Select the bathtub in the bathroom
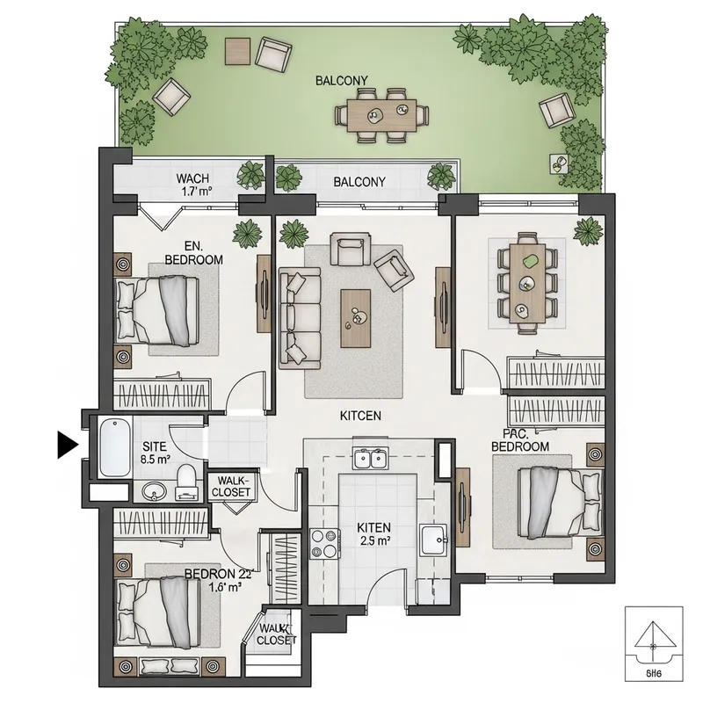pyautogui.click(x=112, y=448)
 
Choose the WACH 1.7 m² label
pyautogui.click(x=192, y=183)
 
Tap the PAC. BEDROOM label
pyautogui.click(x=520, y=440)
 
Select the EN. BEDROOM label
pyautogui.click(x=192, y=254)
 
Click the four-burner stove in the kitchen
pyautogui.click(x=325, y=543)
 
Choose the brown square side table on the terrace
pyautogui.click(x=236, y=51)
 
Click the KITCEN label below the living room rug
pyautogui.click(x=360, y=416)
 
